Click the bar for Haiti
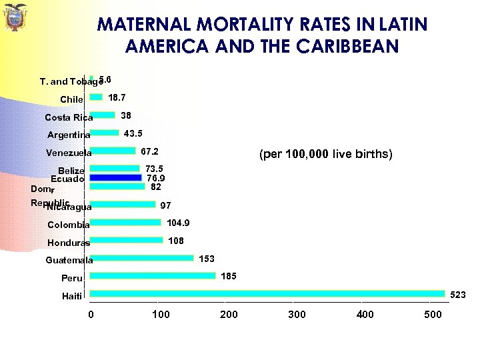pos(267,293)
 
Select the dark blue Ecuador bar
pos(115,178)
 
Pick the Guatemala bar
pos(141,258)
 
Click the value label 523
pos(458,294)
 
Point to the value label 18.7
pos(117,97)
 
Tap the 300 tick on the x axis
pos(297,314)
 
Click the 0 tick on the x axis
pos(91,314)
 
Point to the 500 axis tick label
pos(433,314)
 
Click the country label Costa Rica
pos(69,118)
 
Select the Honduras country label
pos(69,243)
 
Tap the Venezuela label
pos(69,153)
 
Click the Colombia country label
pos(69,225)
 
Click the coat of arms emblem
pos(14,18)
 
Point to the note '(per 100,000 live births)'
pos(325,155)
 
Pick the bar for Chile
pos(96,97)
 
